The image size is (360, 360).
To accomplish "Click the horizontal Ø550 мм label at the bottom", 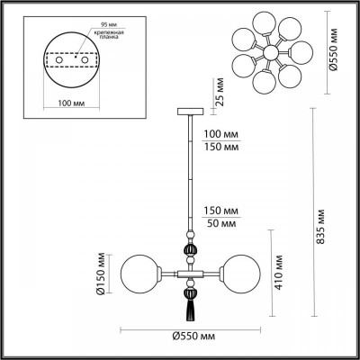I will coord(193,338).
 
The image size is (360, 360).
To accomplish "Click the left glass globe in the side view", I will coord(139,273).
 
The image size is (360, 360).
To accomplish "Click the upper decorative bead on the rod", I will coord(190,253).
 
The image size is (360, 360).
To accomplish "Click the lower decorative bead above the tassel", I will coord(190,291).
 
